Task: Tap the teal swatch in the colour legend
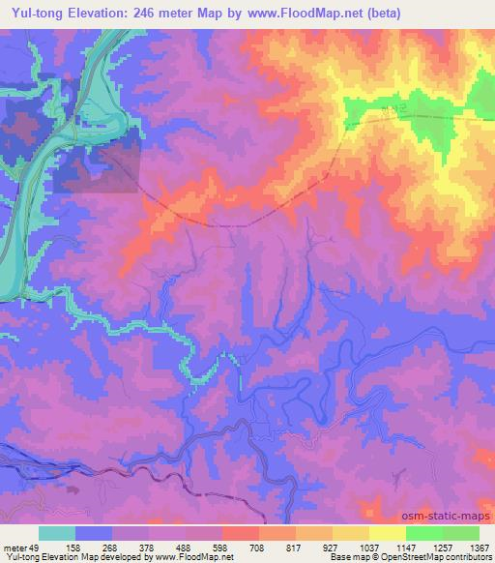coord(57,533)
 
